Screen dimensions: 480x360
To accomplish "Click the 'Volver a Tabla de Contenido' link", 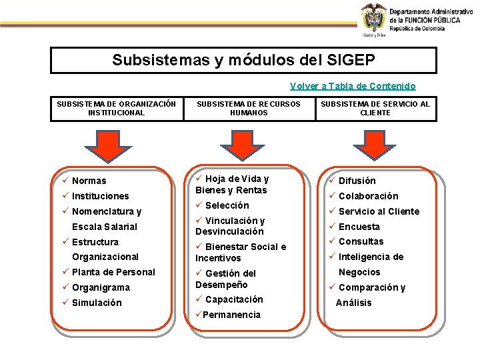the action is point(353,86).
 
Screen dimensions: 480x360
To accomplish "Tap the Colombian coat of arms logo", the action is point(373,17).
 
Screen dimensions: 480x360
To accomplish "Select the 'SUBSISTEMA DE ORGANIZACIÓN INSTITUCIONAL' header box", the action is point(117,109).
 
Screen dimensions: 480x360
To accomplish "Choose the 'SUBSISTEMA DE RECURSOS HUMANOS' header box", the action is point(249,109).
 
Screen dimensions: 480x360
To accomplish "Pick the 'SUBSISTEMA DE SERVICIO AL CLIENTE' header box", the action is point(375,109).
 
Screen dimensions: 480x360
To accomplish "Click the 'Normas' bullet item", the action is point(89,181).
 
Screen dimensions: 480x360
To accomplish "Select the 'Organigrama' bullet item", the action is point(101,287).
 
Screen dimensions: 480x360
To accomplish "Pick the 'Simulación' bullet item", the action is point(97,303).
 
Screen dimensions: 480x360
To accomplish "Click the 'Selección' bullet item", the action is point(227,205).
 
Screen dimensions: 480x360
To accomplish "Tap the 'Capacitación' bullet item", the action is point(233,299).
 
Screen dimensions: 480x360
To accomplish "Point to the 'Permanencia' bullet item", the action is point(232,315).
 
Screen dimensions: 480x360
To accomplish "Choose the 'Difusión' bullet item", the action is point(357,181).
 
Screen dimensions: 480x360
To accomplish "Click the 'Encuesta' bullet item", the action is point(359,227).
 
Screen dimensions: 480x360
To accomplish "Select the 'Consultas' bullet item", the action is point(361,241).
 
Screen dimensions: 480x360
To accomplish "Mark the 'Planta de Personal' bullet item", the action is point(113,272).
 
